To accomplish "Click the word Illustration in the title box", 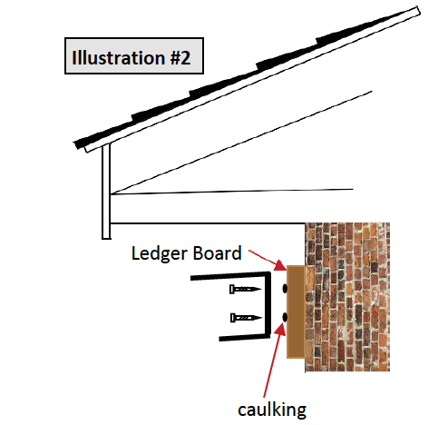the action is [118, 57].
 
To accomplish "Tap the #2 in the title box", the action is [180, 57].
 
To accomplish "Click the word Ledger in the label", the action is [160, 253].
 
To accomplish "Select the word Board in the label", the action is [218, 252].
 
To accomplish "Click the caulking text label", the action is [272, 410].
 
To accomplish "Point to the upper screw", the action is [245, 289].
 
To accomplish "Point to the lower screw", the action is [246, 318].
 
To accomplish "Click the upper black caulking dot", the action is [285, 289].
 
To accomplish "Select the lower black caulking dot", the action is [285, 317].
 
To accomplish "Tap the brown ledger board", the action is [296, 311].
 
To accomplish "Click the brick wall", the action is [347, 297].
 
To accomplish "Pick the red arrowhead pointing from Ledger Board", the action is [280, 265].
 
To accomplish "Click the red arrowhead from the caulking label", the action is [280, 329].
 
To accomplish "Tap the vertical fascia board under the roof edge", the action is [106, 192].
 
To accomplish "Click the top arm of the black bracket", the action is [230, 275].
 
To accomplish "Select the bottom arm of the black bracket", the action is [244, 337].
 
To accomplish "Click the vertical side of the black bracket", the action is [268, 305].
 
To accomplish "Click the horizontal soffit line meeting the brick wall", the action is [208, 223].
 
